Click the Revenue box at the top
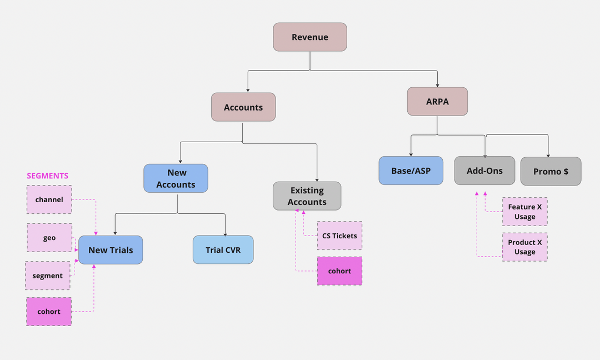click(310, 37)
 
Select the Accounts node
click(243, 107)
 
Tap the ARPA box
click(437, 102)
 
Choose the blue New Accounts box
click(176, 178)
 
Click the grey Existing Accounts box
click(307, 196)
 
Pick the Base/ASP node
click(411, 171)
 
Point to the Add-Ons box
click(484, 171)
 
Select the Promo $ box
click(551, 171)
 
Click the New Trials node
click(111, 250)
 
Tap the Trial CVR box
click(223, 250)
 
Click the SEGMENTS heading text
click(48, 176)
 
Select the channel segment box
click(49, 199)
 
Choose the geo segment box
click(49, 238)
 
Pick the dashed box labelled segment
click(48, 276)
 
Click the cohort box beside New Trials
click(49, 312)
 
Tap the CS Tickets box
click(339, 236)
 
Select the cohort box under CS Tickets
click(339, 271)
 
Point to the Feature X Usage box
click(524, 211)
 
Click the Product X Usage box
click(524, 247)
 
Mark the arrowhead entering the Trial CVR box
click(226, 233)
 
